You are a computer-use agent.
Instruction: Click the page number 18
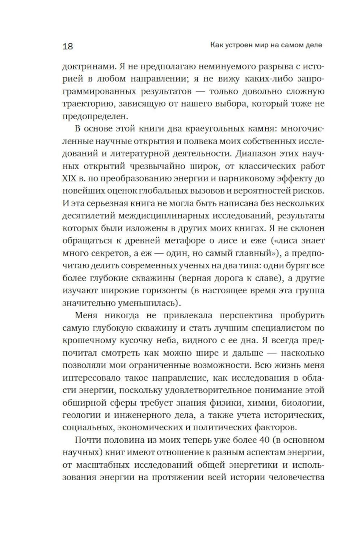coord(68,46)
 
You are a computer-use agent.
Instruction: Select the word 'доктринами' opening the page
coord(86,67)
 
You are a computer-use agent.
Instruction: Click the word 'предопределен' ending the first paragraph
coord(95,117)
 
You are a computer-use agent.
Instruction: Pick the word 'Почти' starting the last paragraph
coord(86,441)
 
